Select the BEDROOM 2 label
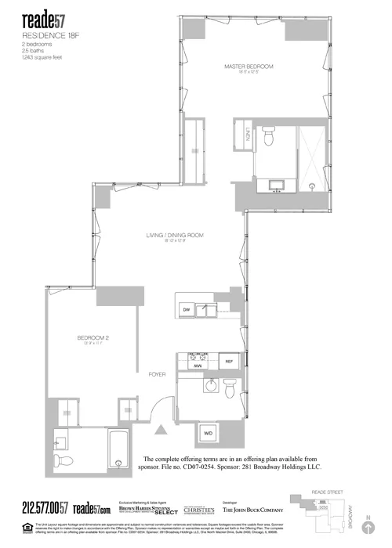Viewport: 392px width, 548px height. coord(92,337)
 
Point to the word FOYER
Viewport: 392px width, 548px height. coord(158,375)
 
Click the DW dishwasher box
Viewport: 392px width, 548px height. coord(186,311)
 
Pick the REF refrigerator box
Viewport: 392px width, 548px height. coord(230,362)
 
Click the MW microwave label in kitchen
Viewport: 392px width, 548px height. coord(199,366)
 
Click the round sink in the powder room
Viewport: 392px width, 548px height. coord(209,386)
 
